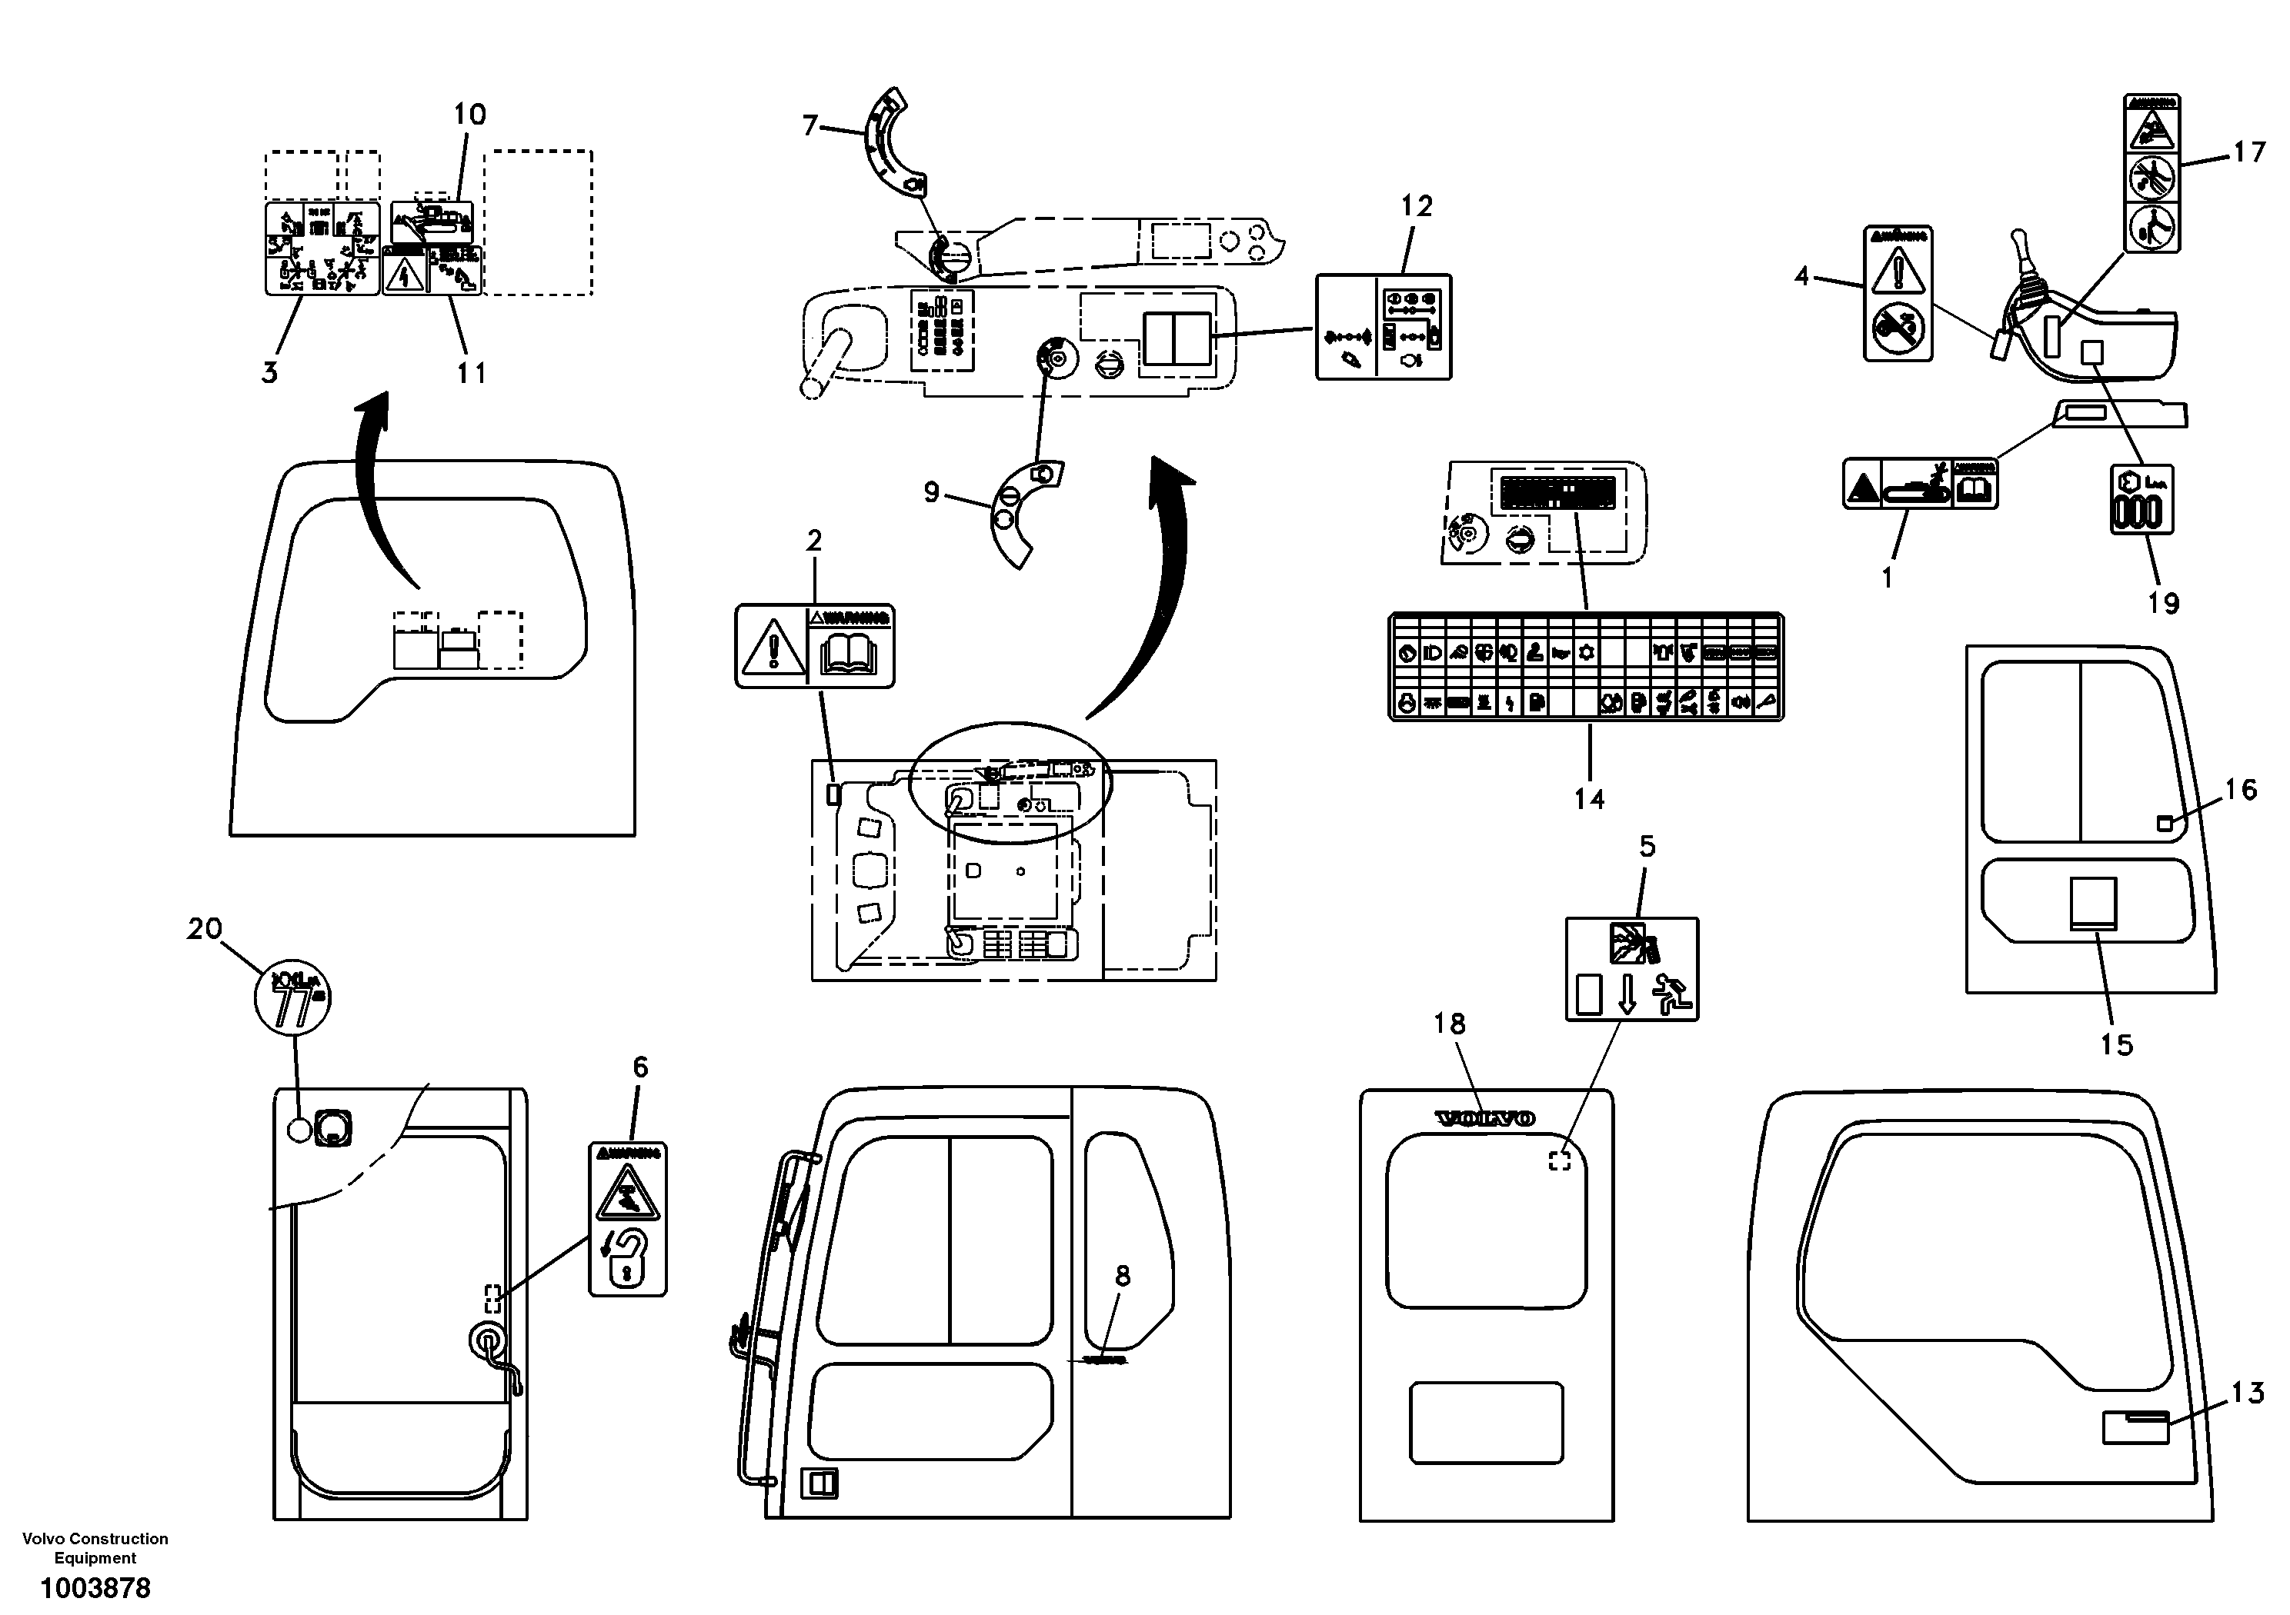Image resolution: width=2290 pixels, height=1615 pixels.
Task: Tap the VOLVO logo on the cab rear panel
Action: (x=1485, y=1118)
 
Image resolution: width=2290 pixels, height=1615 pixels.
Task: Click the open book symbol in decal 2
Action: (x=849, y=656)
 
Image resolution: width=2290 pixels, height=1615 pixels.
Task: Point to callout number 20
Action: (x=205, y=929)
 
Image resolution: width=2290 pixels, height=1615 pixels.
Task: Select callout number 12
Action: (x=1417, y=206)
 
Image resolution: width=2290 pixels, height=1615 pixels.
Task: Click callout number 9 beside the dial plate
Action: (x=930, y=491)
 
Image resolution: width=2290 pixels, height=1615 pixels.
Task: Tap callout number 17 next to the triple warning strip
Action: (x=2249, y=152)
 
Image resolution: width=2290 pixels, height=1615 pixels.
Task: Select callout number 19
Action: (x=2163, y=603)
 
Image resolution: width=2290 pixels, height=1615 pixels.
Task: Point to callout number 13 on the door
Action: (x=2247, y=1392)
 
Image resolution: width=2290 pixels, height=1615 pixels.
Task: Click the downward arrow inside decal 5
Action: (x=1627, y=994)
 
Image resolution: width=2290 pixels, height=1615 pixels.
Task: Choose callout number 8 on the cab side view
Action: (x=1122, y=1275)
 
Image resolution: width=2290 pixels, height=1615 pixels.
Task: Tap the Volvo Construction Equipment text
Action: (x=95, y=1548)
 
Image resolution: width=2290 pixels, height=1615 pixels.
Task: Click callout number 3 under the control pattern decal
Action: (x=269, y=373)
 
